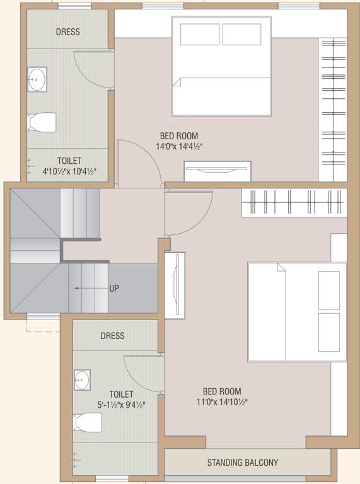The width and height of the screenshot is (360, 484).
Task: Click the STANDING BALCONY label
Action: [x=243, y=463]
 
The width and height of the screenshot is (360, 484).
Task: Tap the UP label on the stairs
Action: [x=114, y=288]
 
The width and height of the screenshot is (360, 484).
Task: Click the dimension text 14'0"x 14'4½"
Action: [x=179, y=146]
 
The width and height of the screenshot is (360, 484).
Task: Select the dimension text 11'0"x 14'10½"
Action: [x=221, y=402]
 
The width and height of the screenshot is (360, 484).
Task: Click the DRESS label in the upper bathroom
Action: [x=67, y=32]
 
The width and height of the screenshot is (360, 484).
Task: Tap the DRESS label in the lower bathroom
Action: [x=113, y=336]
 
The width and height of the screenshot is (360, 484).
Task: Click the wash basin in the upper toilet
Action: [x=37, y=79]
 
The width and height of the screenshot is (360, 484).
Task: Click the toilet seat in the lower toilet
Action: [x=88, y=422]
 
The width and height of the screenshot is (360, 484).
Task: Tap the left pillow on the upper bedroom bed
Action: [x=200, y=34]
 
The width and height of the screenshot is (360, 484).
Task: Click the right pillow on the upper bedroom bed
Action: [x=242, y=34]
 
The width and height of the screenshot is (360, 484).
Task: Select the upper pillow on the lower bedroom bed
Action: [x=329, y=290]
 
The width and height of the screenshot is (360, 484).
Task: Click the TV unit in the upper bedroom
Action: [x=218, y=171]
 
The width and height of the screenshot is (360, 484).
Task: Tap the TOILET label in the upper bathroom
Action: [x=69, y=161]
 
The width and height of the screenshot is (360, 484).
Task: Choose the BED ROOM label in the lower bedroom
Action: [x=221, y=391]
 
